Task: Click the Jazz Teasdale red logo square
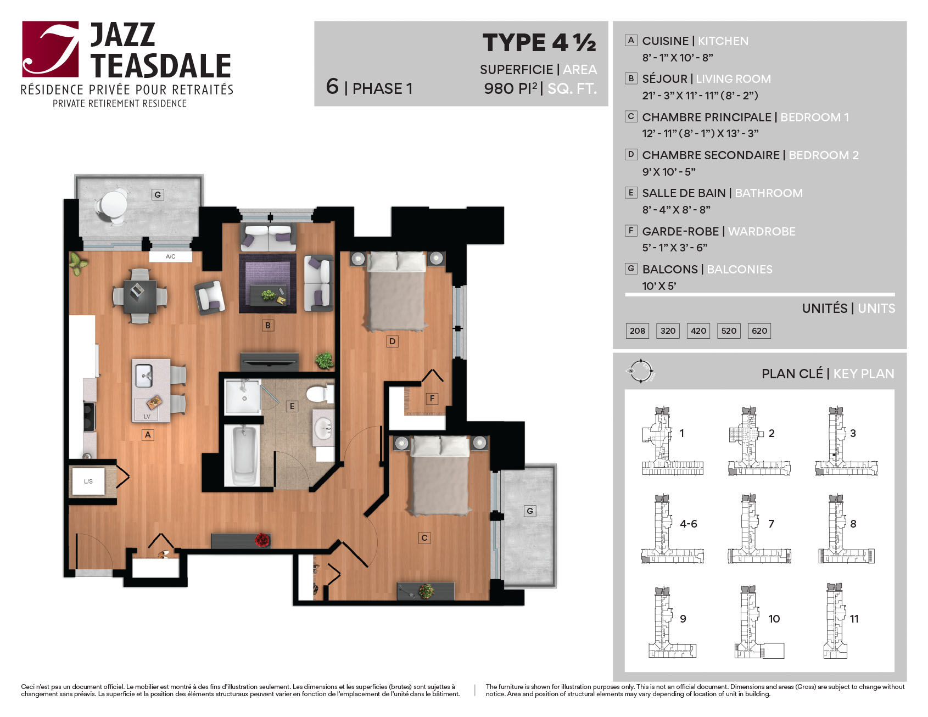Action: (51, 49)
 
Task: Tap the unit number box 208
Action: (637, 331)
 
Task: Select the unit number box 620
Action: (759, 331)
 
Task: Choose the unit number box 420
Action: (698, 331)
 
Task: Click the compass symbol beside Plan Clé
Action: (641, 371)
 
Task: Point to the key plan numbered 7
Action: (759, 529)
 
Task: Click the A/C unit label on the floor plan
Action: (171, 256)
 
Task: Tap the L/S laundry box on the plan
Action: (88, 481)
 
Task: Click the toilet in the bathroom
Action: (320, 394)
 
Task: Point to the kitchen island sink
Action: (144, 376)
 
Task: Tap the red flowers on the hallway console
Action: (263, 540)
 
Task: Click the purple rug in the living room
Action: (267, 283)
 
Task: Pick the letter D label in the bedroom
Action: (392, 341)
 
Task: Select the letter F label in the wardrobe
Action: (432, 399)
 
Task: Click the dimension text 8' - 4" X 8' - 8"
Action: (677, 209)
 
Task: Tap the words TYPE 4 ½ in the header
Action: (539, 43)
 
